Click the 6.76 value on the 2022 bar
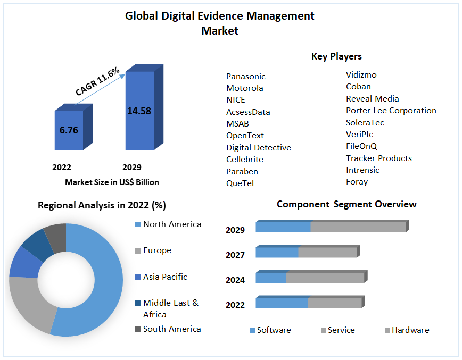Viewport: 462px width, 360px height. tap(69, 130)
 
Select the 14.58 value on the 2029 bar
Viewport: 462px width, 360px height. tap(139, 111)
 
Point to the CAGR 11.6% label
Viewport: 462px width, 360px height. tap(97, 82)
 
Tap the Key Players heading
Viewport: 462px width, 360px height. tap(336, 56)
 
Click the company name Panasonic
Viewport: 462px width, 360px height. tap(245, 77)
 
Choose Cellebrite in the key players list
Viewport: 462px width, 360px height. tap(244, 159)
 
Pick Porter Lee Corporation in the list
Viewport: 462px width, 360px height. tap(391, 111)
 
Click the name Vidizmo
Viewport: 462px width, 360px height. tap(361, 75)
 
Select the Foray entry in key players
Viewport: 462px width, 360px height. tap(357, 182)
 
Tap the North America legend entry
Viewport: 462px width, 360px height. tap(172, 224)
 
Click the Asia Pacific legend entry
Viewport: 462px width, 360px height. tap(165, 277)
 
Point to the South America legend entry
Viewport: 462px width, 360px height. tap(172, 329)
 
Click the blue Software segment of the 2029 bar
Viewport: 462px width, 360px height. tap(283, 227)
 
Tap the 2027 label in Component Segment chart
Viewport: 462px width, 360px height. tap(235, 255)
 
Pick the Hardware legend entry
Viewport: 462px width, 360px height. tap(410, 330)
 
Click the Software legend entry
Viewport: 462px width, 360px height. tap(274, 330)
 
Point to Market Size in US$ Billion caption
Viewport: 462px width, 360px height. tap(112, 182)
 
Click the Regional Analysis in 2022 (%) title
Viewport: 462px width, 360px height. tap(102, 205)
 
